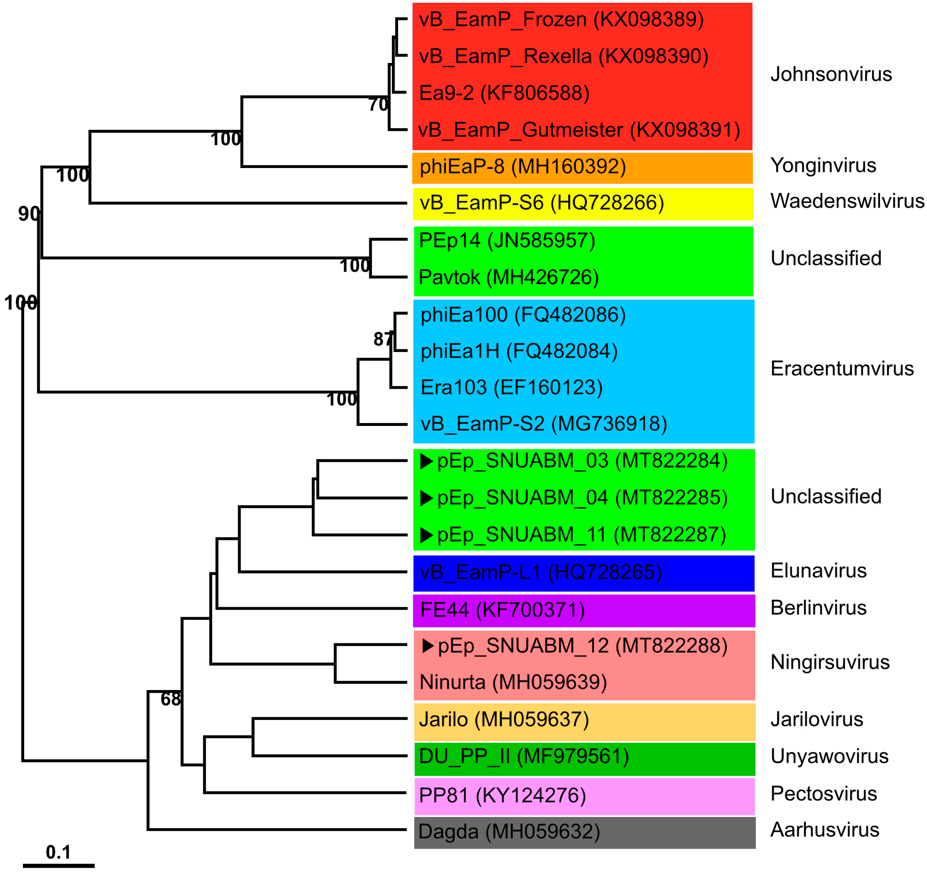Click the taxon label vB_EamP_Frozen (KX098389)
(x=561, y=20)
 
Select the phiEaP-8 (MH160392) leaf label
(x=522, y=166)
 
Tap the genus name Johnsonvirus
(x=831, y=74)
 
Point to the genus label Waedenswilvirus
(x=847, y=201)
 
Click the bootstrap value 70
(x=378, y=104)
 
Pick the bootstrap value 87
(x=384, y=339)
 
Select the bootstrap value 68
(x=171, y=699)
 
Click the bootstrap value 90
(x=29, y=213)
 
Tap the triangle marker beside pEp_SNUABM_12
(x=428, y=646)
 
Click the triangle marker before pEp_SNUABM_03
(x=427, y=461)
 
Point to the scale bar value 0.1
(x=58, y=852)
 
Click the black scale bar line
(x=59, y=866)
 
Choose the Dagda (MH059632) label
(x=509, y=832)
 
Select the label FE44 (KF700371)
(x=502, y=610)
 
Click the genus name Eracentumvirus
(x=842, y=369)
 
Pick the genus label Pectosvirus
(x=824, y=794)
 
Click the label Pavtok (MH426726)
(x=508, y=277)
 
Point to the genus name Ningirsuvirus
(x=830, y=662)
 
